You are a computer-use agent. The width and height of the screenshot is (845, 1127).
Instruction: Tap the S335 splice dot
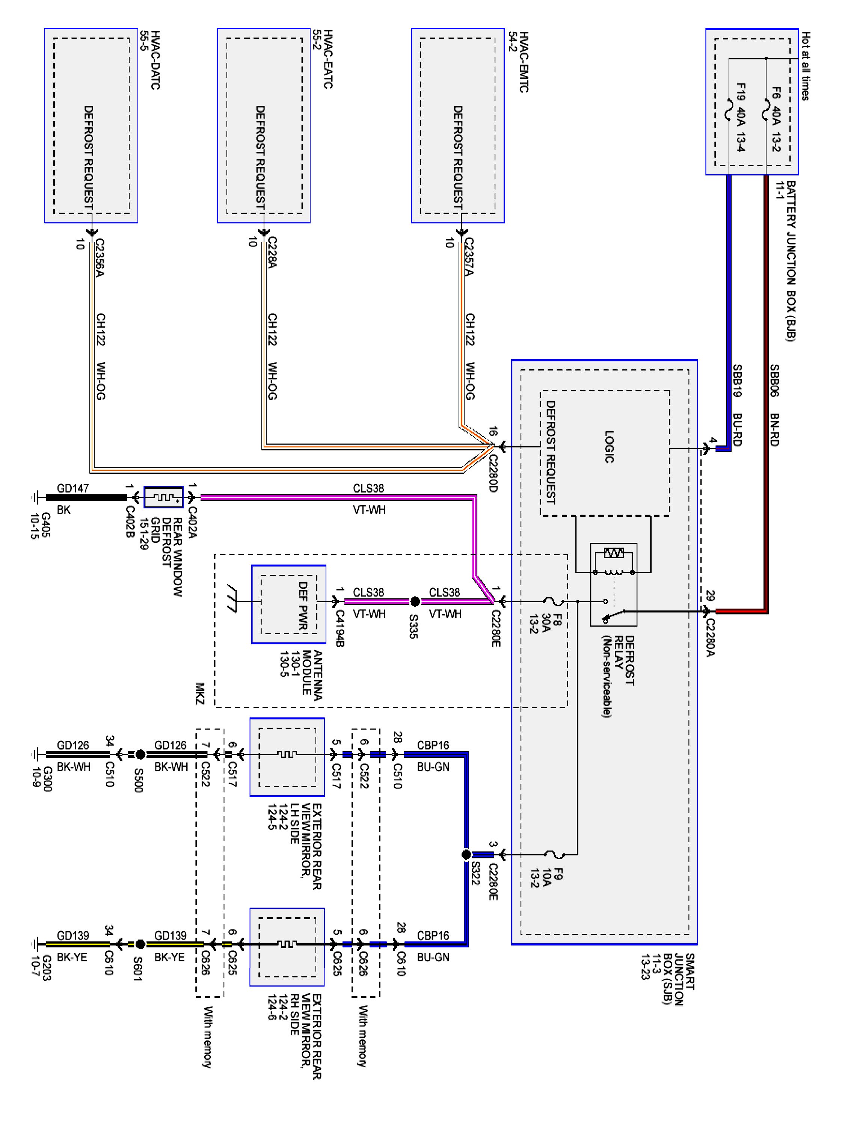(x=415, y=602)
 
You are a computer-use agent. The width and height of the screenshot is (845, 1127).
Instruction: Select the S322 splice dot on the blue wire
(x=466, y=854)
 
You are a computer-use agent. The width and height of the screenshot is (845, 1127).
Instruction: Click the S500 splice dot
(x=140, y=754)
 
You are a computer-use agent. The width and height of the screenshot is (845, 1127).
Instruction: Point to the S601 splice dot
(x=140, y=944)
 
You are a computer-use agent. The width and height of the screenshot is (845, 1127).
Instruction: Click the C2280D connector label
(x=492, y=473)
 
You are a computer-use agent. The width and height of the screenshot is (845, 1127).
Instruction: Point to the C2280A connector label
(x=709, y=638)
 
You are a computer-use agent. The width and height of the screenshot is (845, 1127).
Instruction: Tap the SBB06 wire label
(x=774, y=380)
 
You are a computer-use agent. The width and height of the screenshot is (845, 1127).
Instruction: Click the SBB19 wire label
(x=736, y=380)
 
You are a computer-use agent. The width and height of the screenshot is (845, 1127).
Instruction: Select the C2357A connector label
(x=469, y=257)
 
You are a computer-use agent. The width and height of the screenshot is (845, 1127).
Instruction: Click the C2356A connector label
(x=99, y=257)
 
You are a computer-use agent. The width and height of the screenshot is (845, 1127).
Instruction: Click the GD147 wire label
(x=73, y=488)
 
